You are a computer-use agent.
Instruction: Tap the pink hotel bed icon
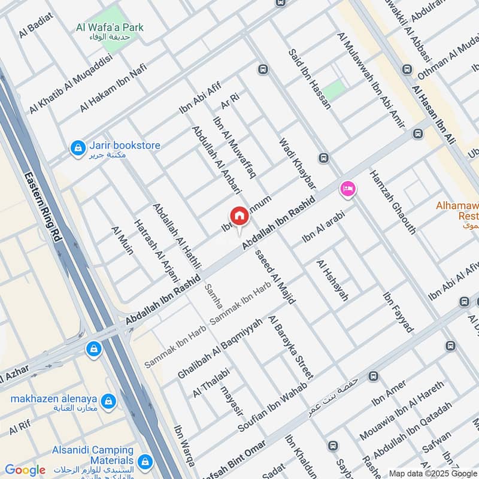[x=347, y=189]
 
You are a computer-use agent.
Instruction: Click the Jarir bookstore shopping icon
[x=78, y=148]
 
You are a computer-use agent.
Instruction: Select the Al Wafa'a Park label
[x=110, y=28]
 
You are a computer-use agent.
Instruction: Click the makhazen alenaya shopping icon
[x=108, y=399]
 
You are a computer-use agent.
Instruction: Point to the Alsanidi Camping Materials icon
[x=144, y=461]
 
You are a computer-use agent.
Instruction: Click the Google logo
[x=25, y=470]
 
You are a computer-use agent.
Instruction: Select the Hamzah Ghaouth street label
[x=393, y=201]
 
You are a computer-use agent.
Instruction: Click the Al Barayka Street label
[x=290, y=347]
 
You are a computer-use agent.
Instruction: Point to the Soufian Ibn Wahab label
[x=272, y=407]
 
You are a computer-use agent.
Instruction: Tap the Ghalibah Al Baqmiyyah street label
[x=220, y=347]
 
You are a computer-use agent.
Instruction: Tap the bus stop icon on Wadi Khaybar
[x=324, y=159]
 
